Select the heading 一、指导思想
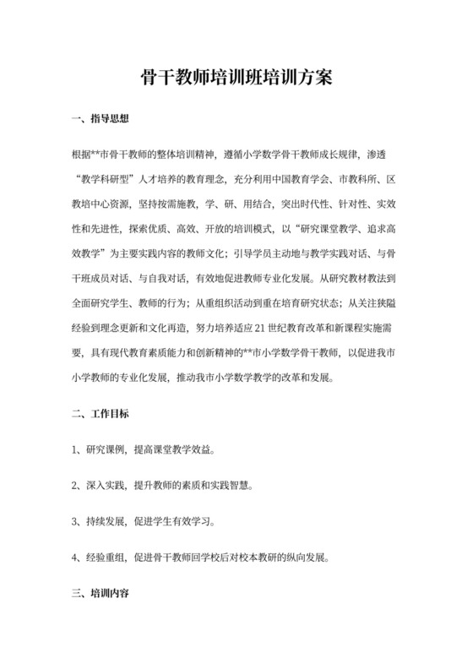point(101,119)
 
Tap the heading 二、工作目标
point(101,415)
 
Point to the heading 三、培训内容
point(101,595)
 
